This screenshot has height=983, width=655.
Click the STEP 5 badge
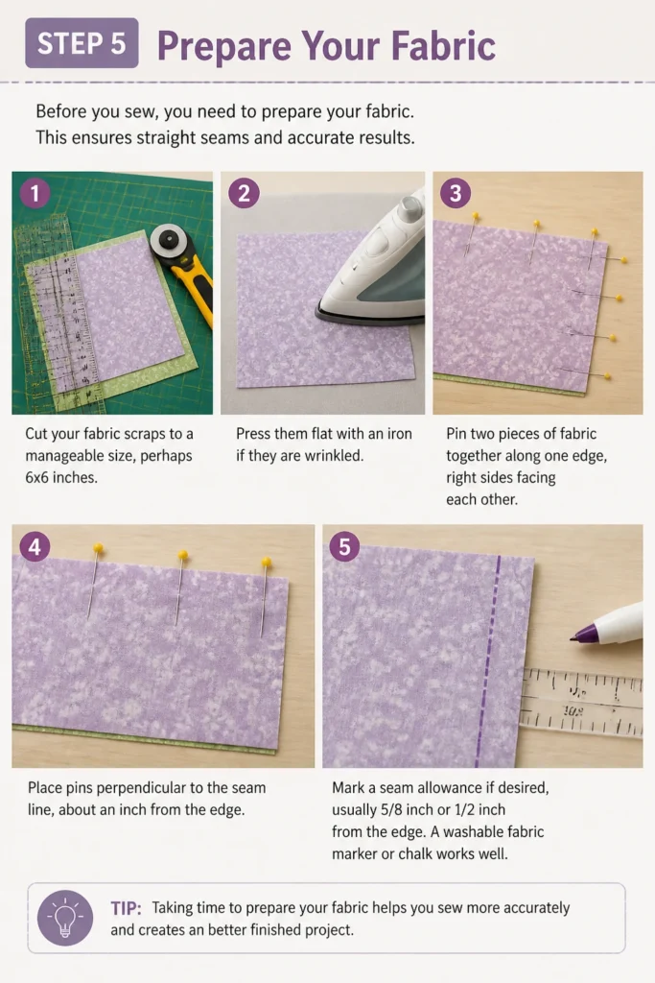[82, 42]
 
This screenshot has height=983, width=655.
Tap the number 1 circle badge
[35, 192]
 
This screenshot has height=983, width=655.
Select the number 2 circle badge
[244, 192]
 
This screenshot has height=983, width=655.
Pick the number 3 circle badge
[456, 192]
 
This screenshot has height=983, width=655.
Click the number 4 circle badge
[35, 546]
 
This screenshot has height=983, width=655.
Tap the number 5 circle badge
[344, 546]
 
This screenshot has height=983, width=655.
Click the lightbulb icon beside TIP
[65, 918]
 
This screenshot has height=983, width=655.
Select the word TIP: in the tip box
[126, 908]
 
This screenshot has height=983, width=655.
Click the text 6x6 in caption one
[39, 478]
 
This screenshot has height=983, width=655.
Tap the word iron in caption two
[400, 434]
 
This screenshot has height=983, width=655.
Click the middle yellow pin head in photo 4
[183, 555]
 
